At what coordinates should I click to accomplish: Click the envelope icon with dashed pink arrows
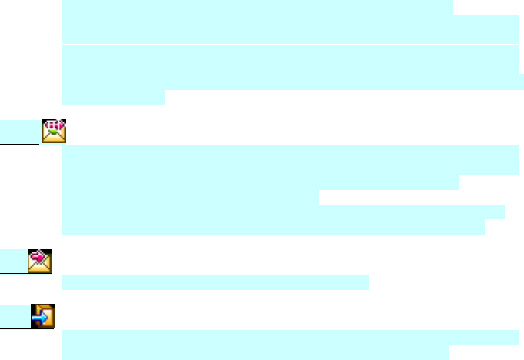coord(54,131)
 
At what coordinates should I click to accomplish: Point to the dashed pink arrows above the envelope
coord(54,124)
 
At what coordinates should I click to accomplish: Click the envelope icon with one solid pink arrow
coord(39,261)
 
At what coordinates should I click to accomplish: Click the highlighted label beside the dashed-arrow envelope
coord(19,132)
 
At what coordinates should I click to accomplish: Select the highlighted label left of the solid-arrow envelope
coord(13,261)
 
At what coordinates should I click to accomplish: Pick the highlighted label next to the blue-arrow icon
coord(15,315)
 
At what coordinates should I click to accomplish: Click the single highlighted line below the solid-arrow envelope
coord(215,283)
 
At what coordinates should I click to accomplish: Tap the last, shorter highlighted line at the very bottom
coord(254,352)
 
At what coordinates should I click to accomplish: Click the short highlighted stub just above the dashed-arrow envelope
coord(112,98)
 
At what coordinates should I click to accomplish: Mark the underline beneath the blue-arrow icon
coord(27,328)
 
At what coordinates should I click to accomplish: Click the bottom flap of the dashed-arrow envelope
coord(54,138)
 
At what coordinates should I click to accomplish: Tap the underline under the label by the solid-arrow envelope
coord(13,272)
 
